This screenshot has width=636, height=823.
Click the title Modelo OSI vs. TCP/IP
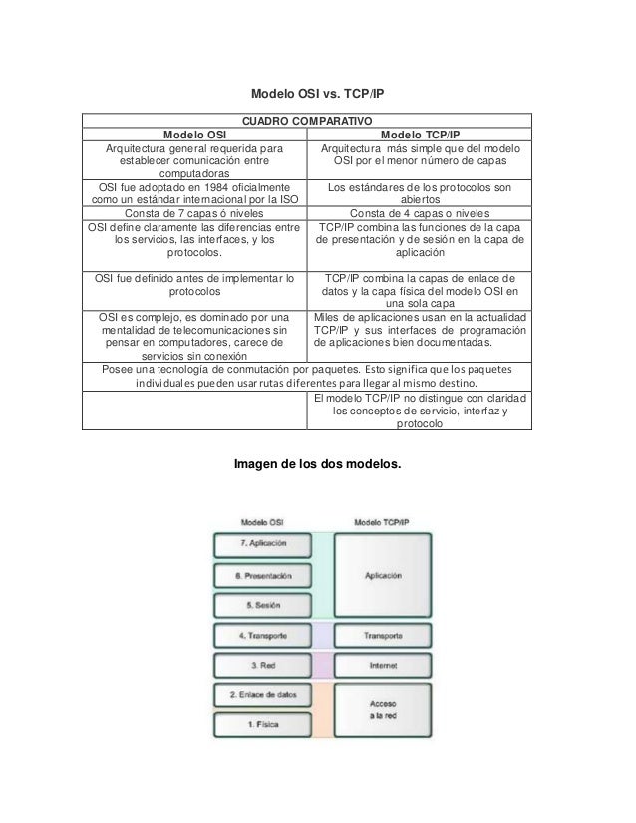316,95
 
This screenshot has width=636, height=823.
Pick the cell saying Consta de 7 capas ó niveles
194,212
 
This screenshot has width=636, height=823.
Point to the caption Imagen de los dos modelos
316,462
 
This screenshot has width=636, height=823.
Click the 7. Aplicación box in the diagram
265,545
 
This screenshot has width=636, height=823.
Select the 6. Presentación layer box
265,575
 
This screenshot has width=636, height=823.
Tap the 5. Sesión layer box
265,606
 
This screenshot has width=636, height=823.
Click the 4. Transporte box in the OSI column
265,635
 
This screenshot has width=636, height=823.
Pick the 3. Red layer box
265,664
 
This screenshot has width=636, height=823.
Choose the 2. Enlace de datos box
265,694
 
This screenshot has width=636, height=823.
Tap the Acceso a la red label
384,708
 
